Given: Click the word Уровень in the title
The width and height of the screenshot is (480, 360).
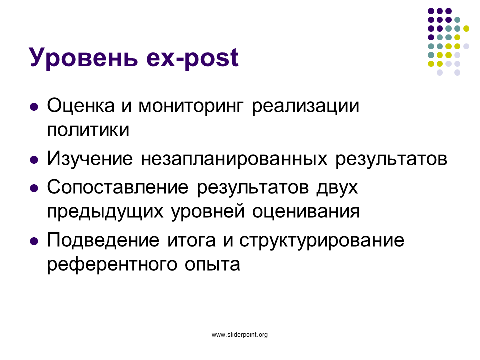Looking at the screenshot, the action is (x=83, y=57).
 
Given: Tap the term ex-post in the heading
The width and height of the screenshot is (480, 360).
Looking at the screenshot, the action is (x=192, y=58).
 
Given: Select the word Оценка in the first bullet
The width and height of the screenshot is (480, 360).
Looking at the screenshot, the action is (x=81, y=106).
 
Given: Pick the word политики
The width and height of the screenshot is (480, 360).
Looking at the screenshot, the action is (x=88, y=130).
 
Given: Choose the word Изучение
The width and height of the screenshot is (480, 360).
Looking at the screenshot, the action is (x=90, y=159).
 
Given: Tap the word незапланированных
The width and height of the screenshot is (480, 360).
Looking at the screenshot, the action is (x=234, y=159).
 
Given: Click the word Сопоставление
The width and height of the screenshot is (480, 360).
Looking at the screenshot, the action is (x=118, y=187).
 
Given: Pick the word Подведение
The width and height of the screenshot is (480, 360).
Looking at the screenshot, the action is (x=103, y=240).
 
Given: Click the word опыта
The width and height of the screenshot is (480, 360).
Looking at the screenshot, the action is (x=212, y=264).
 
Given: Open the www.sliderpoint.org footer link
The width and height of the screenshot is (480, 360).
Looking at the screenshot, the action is (x=240, y=335).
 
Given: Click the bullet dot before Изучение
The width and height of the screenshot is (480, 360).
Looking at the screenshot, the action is (x=34, y=160).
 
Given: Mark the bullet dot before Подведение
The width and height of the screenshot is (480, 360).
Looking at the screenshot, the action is (x=34, y=241).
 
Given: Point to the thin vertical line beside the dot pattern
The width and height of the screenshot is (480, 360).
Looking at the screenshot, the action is (x=418, y=48).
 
